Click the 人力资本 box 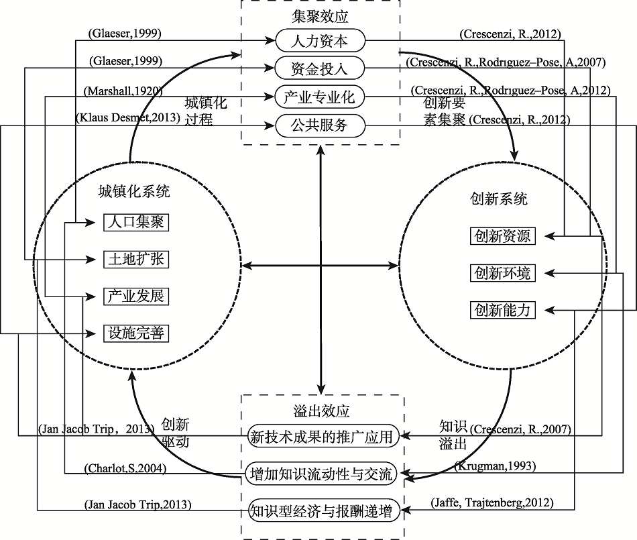(x=321, y=40)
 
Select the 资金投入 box (x=321, y=68)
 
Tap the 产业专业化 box (x=321, y=97)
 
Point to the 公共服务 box (x=321, y=125)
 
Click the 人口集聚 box (x=135, y=222)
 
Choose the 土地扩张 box (x=135, y=259)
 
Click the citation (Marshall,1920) (x=123, y=90)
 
